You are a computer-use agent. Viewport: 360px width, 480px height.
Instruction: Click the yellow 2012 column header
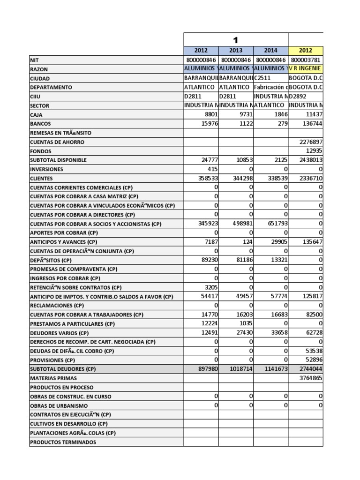[306, 51]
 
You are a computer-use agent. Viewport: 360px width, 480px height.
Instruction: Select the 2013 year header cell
[236, 51]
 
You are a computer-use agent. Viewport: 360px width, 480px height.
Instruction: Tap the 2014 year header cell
[270, 51]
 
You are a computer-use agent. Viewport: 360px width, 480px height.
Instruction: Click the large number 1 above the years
[236, 40]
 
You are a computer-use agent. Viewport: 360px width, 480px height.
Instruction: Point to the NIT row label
[35, 60]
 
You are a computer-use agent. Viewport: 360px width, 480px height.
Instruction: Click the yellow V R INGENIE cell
[306, 69]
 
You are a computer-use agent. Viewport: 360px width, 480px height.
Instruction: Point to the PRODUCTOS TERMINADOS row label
[63, 442]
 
